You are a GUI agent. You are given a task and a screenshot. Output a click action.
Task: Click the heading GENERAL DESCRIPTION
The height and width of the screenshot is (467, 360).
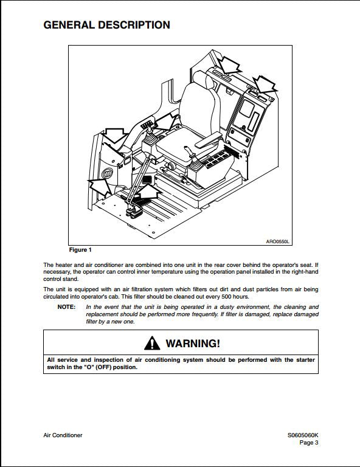pos(106,25)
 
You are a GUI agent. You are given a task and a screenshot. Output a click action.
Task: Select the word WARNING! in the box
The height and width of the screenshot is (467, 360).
pos(193,344)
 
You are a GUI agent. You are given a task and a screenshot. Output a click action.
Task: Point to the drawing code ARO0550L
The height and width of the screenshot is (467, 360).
pos(278,241)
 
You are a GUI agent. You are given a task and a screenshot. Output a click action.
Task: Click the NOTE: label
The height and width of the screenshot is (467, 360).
pos(66,307)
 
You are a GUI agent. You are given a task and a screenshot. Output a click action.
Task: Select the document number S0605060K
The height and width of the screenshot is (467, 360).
pos(303,435)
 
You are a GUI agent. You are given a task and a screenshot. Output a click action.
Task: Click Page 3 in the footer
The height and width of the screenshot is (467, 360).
pos(308,443)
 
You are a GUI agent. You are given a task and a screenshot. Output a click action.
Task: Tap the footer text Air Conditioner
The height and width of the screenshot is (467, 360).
pos(63,435)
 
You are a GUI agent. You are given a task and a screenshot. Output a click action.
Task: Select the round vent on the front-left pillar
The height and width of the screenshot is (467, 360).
pos(108,176)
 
